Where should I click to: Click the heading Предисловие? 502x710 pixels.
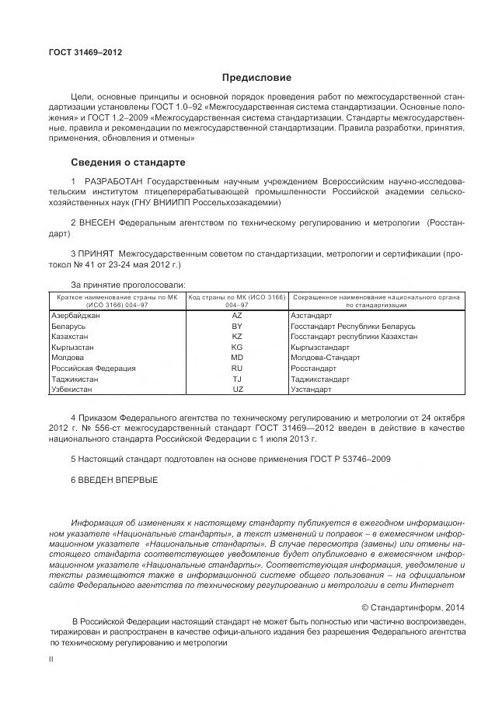(256, 78)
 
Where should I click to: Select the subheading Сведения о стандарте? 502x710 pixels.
(128, 163)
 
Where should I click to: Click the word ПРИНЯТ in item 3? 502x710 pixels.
(96, 254)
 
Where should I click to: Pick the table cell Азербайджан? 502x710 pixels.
(75, 316)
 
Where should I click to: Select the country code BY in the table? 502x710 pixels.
(237, 327)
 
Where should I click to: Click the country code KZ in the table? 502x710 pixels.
(237, 337)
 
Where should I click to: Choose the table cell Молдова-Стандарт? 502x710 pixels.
(325, 358)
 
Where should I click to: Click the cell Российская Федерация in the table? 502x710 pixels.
(93, 368)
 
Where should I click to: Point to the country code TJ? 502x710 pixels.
(237, 378)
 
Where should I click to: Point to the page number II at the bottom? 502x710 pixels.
(51, 659)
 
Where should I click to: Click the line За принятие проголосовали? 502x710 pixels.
(128, 285)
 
